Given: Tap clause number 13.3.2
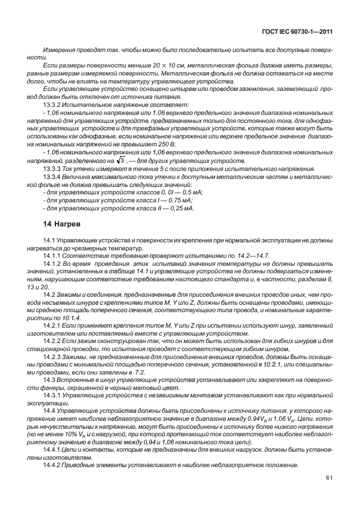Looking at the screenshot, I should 54,107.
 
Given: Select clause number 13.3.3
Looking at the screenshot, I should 54,169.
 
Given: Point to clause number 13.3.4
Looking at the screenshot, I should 54,177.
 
